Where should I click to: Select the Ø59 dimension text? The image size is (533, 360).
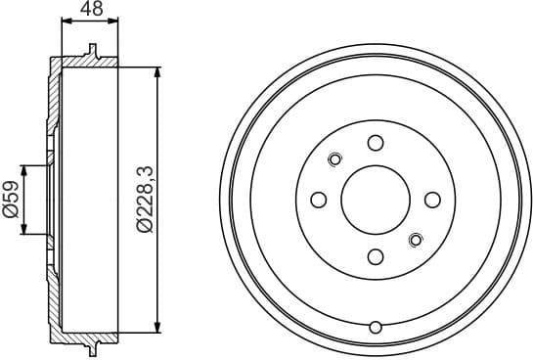click(13, 201)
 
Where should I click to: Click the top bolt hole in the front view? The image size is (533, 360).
click(376, 143)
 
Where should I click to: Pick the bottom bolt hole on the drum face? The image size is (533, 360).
click(376, 257)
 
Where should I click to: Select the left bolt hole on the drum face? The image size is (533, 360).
click(318, 200)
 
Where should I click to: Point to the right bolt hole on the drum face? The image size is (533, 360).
click(432, 200)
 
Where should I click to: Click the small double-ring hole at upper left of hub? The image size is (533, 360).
click(335, 159)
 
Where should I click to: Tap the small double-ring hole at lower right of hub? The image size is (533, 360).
click(416, 240)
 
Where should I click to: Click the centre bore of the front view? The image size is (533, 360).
click(376, 200)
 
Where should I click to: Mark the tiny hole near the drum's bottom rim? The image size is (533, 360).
click(376, 327)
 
